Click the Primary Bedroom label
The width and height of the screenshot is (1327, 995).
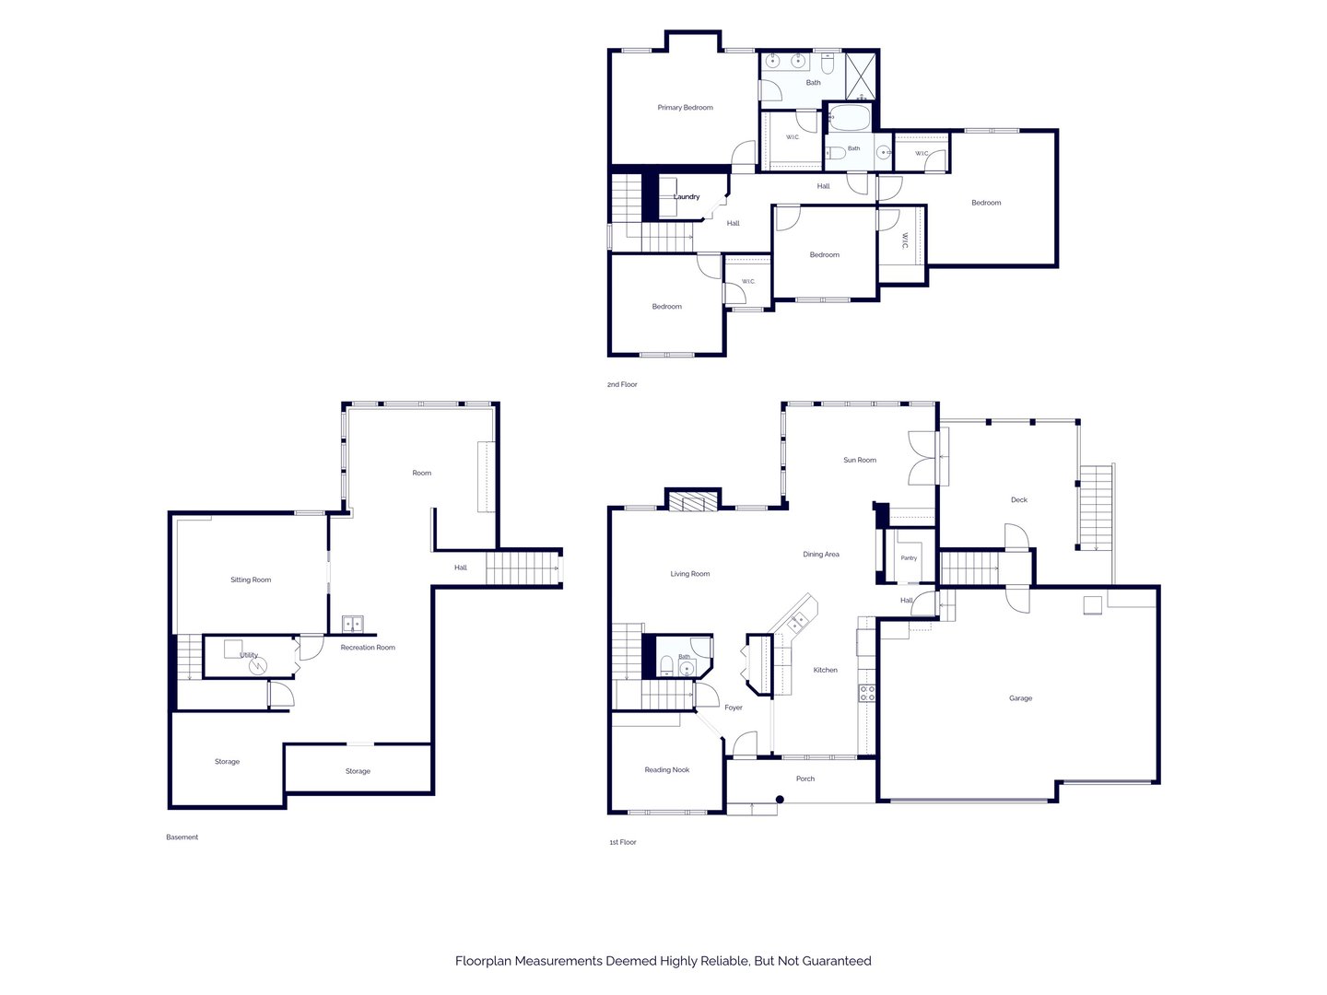click(685, 108)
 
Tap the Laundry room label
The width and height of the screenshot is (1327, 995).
click(687, 196)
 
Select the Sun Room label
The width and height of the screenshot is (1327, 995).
click(860, 460)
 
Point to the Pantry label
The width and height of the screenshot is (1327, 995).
click(909, 557)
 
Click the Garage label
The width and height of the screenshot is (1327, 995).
click(1020, 697)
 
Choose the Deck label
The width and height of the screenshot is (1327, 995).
click(1018, 499)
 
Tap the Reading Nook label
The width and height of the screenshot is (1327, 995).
click(667, 769)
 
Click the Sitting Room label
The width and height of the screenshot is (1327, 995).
click(251, 579)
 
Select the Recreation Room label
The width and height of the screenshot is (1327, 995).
click(368, 647)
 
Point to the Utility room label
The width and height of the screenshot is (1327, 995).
click(249, 655)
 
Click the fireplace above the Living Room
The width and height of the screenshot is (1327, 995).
click(693, 501)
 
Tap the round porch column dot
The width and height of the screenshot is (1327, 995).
click(780, 800)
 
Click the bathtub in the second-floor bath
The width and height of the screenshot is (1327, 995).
click(849, 117)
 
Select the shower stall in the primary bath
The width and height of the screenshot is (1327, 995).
click(860, 76)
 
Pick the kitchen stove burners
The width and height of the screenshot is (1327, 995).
click(867, 693)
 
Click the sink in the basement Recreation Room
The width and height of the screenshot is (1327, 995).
click(352, 624)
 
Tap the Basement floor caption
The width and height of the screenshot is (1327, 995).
click(182, 837)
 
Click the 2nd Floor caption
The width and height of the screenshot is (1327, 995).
click(622, 384)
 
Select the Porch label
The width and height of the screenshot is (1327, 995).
click(805, 778)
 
